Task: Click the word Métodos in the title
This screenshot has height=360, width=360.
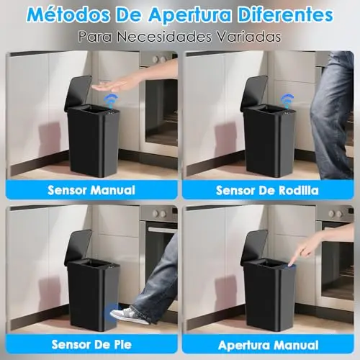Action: point(68,15)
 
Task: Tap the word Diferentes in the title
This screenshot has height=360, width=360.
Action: point(285,14)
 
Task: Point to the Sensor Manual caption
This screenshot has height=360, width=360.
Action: point(91,190)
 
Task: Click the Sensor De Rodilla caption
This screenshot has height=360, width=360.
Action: point(267,191)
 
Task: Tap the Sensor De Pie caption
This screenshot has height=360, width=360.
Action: point(91,345)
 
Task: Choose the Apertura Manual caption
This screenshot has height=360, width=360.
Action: point(269,346)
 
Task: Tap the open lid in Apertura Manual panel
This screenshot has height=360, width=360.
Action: point(253,248)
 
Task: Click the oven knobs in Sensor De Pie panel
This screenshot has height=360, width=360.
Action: point(160,213)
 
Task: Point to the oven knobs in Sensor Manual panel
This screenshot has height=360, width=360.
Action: point(160,59)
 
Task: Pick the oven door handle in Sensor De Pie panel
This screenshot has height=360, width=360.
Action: point(163,230)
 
